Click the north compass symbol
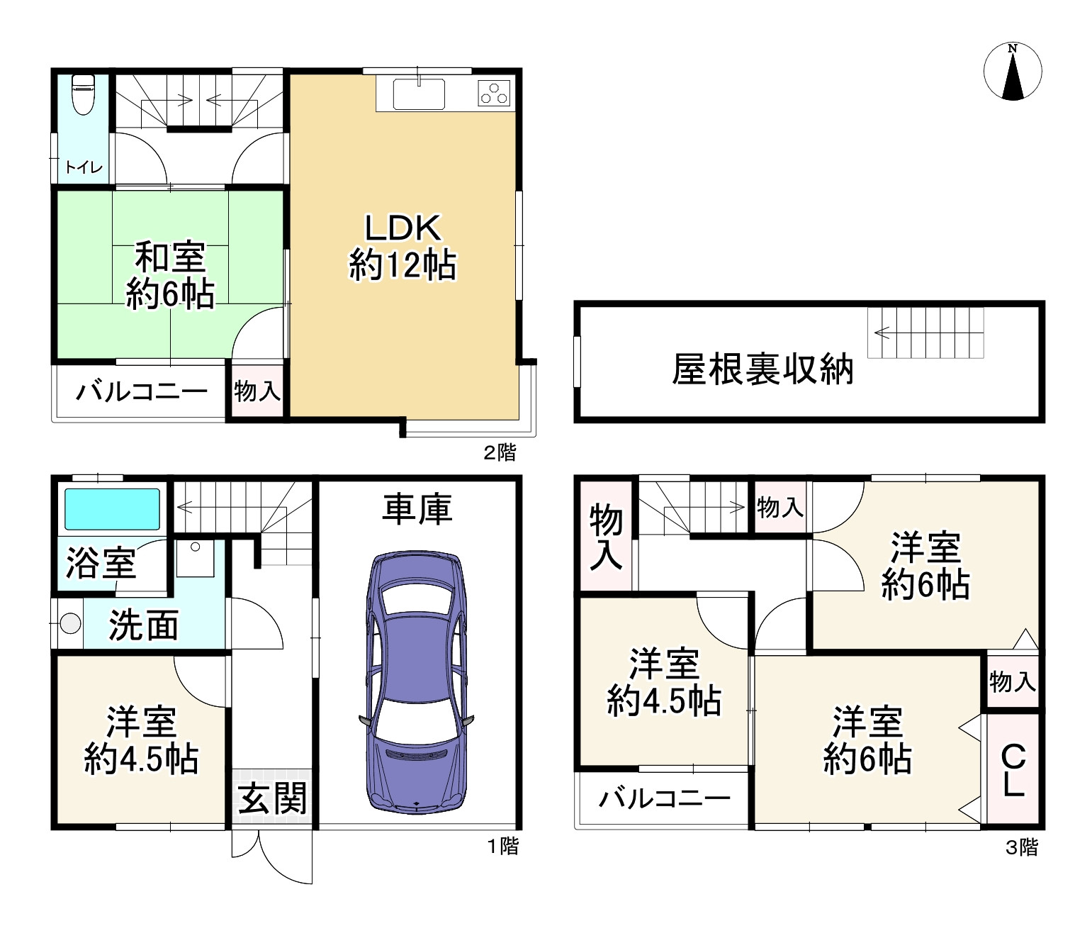(1013, 72)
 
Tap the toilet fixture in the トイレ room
(84, 94)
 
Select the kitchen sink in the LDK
(419, 94)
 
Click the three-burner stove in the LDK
(494, 93)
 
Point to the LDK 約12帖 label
(403, 247)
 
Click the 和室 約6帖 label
(170, 275)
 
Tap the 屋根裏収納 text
(762, 369)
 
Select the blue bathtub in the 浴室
(112, 509)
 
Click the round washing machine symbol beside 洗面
(70, 624)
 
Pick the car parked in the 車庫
(416, 682)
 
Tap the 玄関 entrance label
(272, 798)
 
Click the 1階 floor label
(502, 846)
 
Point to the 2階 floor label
(500, 452)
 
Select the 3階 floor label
(1022, 847)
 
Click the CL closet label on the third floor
(1013, 770)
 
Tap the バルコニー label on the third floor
(664, 799)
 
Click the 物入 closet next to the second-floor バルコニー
(257, 391)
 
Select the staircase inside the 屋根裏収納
(925, 333)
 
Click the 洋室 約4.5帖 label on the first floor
(141, 740)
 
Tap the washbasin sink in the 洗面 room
(195, 558)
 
